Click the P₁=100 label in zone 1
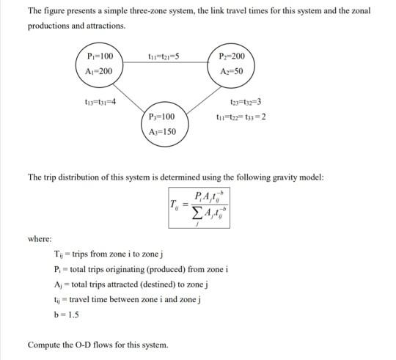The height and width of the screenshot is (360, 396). tap(99, 56)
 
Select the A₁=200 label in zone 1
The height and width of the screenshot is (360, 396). tap(99, 71)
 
